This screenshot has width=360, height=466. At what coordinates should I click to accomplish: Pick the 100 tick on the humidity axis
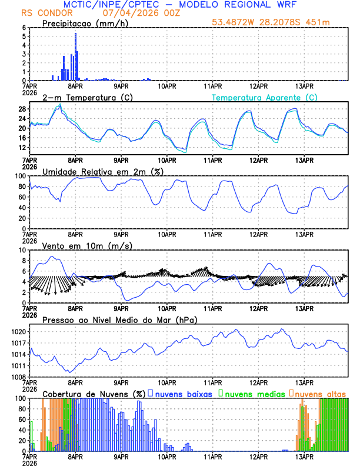pos(19,176)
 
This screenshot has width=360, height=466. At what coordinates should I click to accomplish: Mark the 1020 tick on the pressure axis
pos(18,332)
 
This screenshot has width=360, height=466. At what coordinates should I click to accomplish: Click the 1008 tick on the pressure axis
pos(18,377)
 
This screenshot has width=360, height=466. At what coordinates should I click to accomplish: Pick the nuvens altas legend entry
pos(318,393)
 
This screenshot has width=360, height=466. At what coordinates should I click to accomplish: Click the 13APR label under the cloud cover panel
pos(304,457)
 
